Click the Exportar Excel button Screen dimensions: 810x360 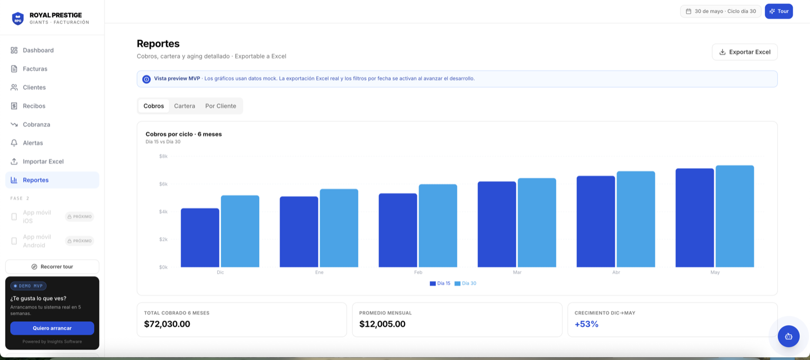click(x=745, y=52)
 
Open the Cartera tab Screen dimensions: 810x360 click(x=184, y=106)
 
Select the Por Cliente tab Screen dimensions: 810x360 click(x=220, y=106)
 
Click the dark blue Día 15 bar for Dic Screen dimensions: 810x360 click(x=200, y=238)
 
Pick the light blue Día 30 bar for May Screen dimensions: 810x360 click(x=735, y=216)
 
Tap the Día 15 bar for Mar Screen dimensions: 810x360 click(x=497, y=224)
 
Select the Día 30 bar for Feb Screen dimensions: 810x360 click(x=438, y=226)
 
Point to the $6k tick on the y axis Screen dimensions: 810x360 click(x=164, y=184)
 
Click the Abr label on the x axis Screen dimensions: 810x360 click(x=616, y=272)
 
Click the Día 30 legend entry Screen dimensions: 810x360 click(x=465, y=283)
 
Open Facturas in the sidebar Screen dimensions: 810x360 click(x=35, y=69)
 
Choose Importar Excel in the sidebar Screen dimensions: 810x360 click(x=43, y=161)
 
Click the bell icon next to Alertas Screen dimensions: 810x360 click(x=14, y=143)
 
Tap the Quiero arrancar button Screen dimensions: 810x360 click(x=52, y=328)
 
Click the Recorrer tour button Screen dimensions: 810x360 click(x=52, y=267)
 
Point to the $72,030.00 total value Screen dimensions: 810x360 click(x=167, y=324)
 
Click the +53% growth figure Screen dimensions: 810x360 click(x=587, y=324)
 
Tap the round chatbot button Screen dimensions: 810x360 click(x=789, y=336)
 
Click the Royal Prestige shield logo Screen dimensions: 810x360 click(x=18, y=19)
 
